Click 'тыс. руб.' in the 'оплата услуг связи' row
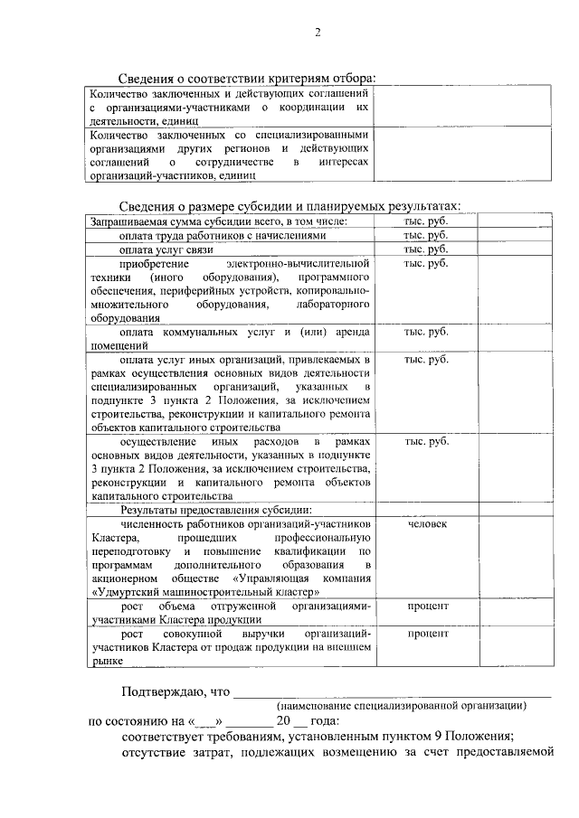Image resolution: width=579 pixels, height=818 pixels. tap(425, 249)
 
